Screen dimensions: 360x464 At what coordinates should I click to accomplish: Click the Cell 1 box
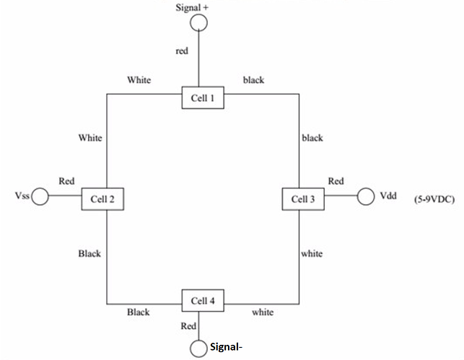coord(202,97)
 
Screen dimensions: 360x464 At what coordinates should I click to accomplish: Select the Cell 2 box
coord(102,198)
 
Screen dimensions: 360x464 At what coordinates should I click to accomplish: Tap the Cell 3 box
coord(302,198)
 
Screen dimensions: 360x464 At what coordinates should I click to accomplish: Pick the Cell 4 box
coord(202,299)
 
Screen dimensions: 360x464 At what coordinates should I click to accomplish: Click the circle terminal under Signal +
coord(198,24)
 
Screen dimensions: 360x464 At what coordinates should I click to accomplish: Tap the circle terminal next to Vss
coord(40,196)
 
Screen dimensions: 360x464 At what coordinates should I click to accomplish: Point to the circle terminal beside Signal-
coord(198,348)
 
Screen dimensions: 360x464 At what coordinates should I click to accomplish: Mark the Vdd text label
coord(389,196)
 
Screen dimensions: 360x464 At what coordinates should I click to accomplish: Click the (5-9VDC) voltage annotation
coord(433,198)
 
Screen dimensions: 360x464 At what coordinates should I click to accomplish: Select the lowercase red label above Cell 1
coord(183,51)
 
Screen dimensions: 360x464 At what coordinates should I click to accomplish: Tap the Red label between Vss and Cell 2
coord(67,181)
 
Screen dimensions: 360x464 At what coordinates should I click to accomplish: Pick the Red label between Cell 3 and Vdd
coord(336,181)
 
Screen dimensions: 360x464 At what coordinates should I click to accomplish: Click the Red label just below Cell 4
coord(188,326)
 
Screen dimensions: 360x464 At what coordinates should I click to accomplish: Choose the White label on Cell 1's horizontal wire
coord(139,80)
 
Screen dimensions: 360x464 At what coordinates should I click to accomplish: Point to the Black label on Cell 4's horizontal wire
coord(139,312)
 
